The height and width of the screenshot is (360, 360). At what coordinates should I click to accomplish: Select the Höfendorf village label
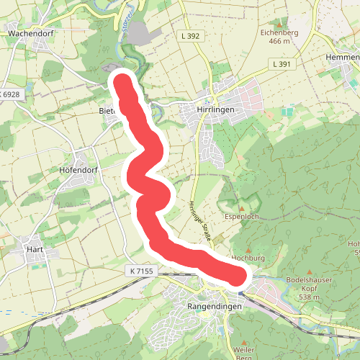coord(79,171)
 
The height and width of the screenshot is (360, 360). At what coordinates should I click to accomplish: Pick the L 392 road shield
coord(191,35)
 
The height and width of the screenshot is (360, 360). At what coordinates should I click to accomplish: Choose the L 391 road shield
coord(282,64)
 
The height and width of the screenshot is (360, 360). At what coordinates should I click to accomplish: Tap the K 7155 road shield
coord(143,271)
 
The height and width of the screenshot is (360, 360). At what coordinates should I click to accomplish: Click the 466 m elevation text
coord(278,42)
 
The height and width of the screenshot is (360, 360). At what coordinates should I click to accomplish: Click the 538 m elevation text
coord(309,297)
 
